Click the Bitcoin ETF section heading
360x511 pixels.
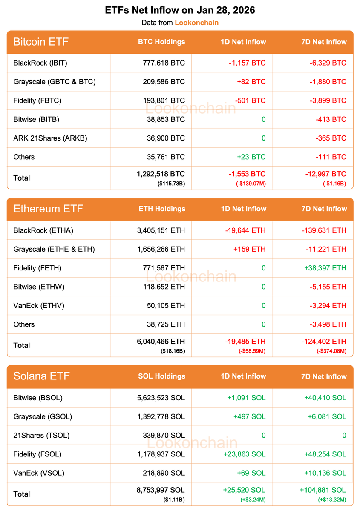41,42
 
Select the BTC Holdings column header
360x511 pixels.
161,42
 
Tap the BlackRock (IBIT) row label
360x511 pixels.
40,63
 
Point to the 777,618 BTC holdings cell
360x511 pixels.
164,63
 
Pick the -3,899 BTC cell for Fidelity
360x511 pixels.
328,100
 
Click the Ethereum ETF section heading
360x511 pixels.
48,209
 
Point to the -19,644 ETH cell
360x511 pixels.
245,230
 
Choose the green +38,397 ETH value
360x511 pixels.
325,268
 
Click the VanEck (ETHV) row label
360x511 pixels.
39,305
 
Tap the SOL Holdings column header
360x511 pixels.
162,376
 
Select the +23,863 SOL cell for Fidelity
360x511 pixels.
245,454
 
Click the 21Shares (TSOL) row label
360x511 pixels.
41,435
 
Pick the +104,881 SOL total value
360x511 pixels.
323,490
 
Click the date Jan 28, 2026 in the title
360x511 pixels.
226,10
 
